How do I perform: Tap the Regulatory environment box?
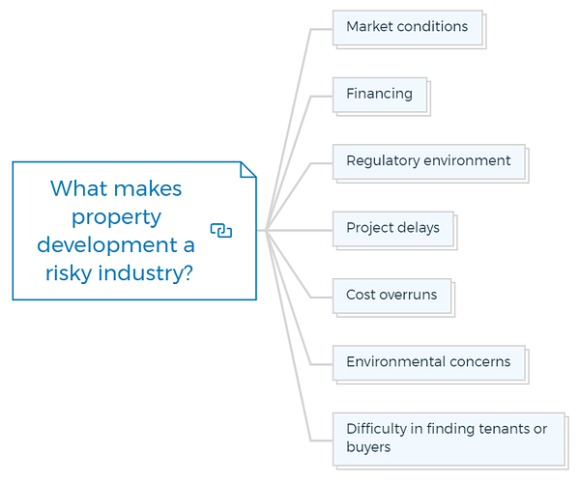pos(430,163)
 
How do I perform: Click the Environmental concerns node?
pos(430,364)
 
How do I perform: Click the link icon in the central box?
pos(221,231)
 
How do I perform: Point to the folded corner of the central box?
pos(248,170)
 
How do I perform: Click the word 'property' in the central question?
pos(116,217)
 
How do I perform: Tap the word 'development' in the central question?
pos(107,245)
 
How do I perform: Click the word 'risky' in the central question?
pos(69,273)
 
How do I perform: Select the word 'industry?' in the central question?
pos(145,273)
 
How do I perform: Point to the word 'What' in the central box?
pos(78,188)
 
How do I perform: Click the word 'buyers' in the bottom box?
pos(368,447)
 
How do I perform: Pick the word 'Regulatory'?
pos(383,161)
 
